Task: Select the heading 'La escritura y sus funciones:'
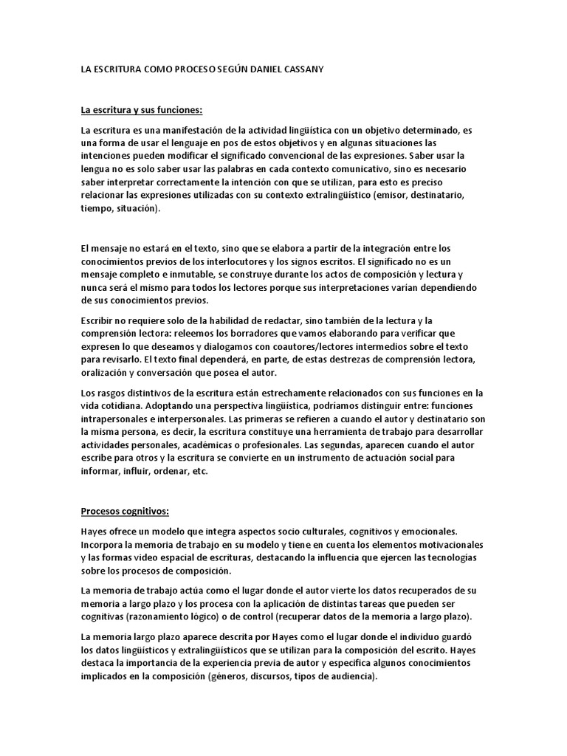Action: (x=141, y=111)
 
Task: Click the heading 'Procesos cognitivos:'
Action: (x=125, y=511)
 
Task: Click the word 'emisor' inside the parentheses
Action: (x=394, y=196)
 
